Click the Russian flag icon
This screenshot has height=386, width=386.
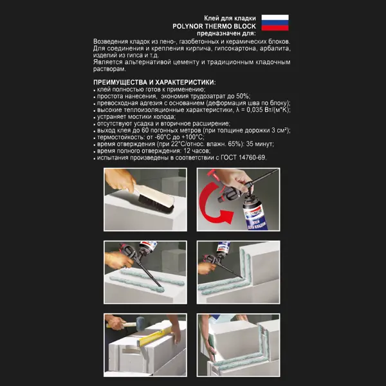pyautogui.click(x=275, y=23)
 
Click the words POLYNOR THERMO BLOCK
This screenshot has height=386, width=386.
pyautogui.click(x=215, y=26)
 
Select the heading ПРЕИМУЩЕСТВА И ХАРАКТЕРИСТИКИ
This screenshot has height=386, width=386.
pyautogui.click(x=154, y=82)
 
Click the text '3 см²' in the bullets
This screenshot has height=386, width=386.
pyautogui.click(x=277, y=130)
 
